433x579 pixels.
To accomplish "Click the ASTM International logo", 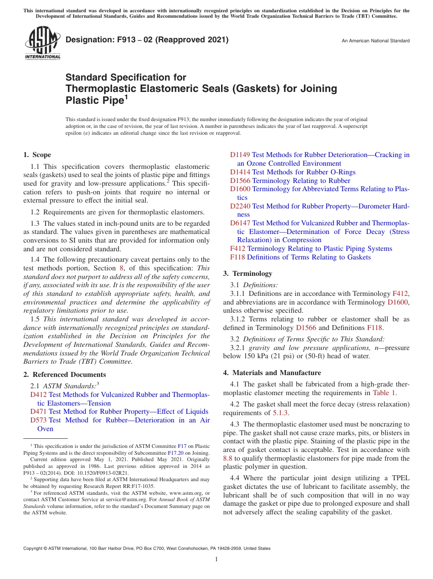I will pyautogui.click(x=42, y=43).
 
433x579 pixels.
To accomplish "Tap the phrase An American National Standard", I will pyautogui.click(x=376, y=41).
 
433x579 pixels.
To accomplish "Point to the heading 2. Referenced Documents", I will pyautogui.click(x=64, y=375).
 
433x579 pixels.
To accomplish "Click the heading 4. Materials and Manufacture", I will pyautogui.click(x=272, y=372).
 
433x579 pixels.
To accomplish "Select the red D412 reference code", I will pyautogui.click(x=38, y=395).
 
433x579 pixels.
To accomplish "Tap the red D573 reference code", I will pyautogui.click(x=38, y=420).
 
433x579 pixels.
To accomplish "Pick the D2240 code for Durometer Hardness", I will pyautogui.click(x=240, y=206).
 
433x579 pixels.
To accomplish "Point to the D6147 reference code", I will pyautogui.click(x=240, y=223).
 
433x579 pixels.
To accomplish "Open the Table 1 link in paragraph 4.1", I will pyautogui.click(x=384, y=393).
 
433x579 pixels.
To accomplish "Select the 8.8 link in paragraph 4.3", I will pyautogui.click(x=227, y=458).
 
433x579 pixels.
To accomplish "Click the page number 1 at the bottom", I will pyautogui.click(x=216, y=559).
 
